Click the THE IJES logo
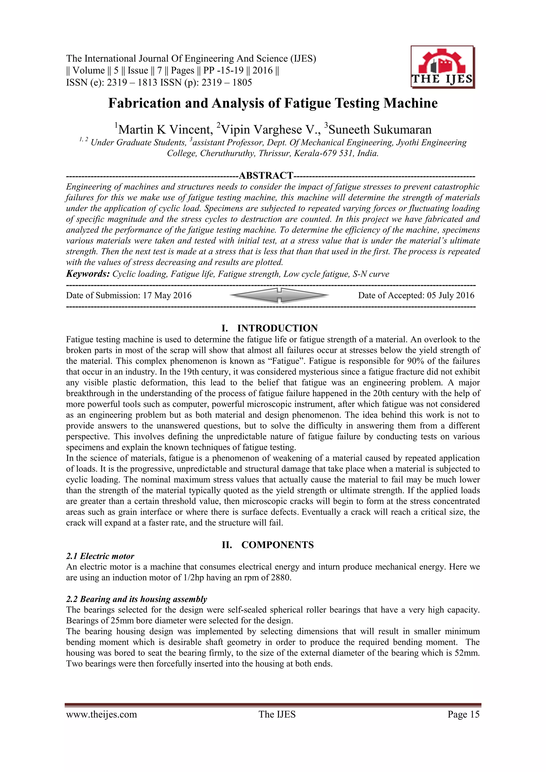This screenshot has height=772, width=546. coord(442,67)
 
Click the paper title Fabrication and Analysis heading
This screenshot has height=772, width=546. coord(273,103)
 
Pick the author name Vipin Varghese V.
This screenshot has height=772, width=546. coord(268,130)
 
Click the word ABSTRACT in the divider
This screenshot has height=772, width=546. coord(266,176)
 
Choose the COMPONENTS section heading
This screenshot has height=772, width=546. coord(277,545)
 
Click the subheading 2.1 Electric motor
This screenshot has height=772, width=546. coord(100,556)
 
